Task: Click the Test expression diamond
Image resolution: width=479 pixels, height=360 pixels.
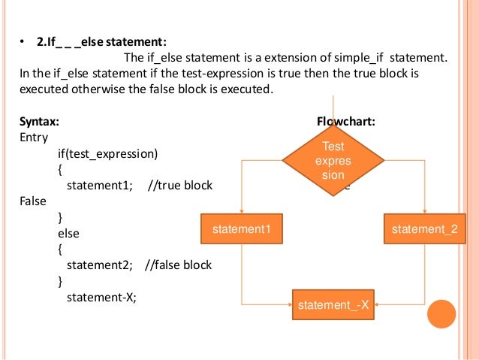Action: (x=333, y=159)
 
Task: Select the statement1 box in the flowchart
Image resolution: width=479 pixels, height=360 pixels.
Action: (x=241, y=228)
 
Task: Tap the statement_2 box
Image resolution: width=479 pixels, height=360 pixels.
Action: (x=424, y=228)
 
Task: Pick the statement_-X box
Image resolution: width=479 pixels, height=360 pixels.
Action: (x=333, y=304)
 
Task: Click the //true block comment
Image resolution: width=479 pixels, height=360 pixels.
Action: (x=181, y=186)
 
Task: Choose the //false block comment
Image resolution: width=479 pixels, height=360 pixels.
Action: (x=178, y=265)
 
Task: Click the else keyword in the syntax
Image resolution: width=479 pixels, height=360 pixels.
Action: (x=68, y=233)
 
